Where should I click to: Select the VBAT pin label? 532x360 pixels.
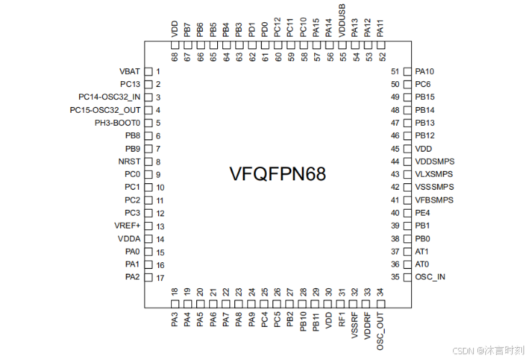pos(130,72)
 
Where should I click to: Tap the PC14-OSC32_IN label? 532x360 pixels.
pos(109,97)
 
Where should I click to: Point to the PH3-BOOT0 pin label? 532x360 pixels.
pos(117,123)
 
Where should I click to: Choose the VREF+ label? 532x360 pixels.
pos(128,226)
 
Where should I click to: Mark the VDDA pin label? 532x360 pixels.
pos(129,239)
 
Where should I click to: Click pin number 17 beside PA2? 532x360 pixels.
pos(160,278)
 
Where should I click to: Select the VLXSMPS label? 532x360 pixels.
pos(434,175)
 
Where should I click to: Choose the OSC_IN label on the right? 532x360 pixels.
pos(430,277)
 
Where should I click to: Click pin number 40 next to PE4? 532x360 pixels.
pos(395,213)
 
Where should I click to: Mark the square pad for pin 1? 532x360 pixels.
pos(149,72)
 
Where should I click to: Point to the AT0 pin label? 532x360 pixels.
pos(422,264)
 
